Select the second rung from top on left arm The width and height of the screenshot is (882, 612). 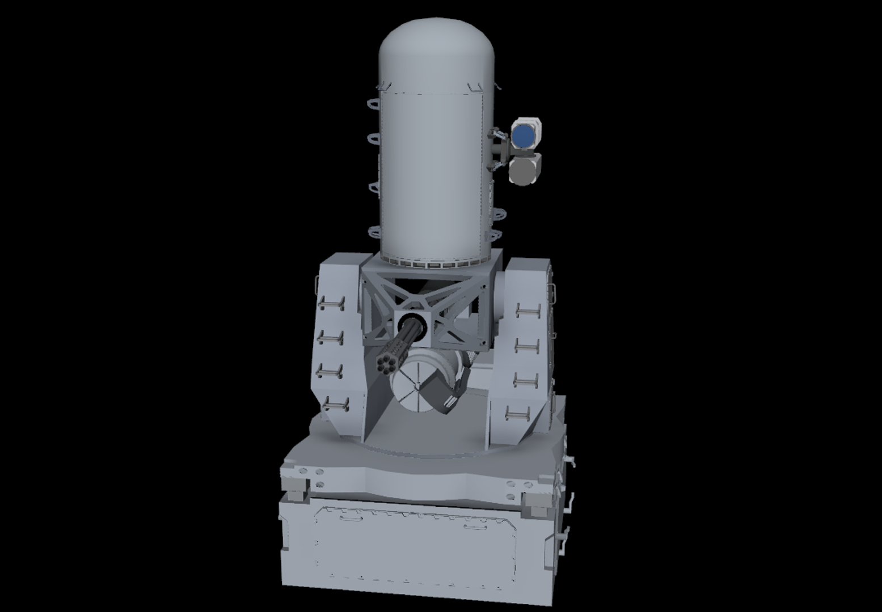click(x=331, y=338)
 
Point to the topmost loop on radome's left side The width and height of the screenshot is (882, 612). click(x=374, y=104)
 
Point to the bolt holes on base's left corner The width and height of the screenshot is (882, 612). click(x=311, y=475)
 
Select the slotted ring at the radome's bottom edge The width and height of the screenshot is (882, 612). click(x=434, y=263)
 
